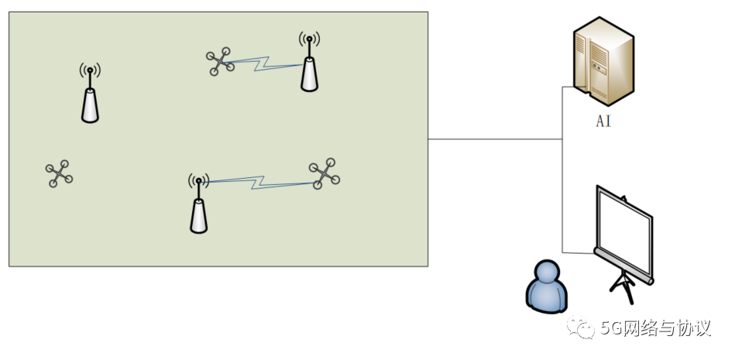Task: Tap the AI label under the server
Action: click(603, 122)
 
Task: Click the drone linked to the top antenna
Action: click(221, 62)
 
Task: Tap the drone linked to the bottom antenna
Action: click(324, 173)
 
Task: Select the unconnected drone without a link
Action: click(59, 173)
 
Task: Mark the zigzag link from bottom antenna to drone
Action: click(259, 183)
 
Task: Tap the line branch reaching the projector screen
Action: click(577, 252)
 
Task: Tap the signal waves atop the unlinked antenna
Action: click(90, 70)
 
